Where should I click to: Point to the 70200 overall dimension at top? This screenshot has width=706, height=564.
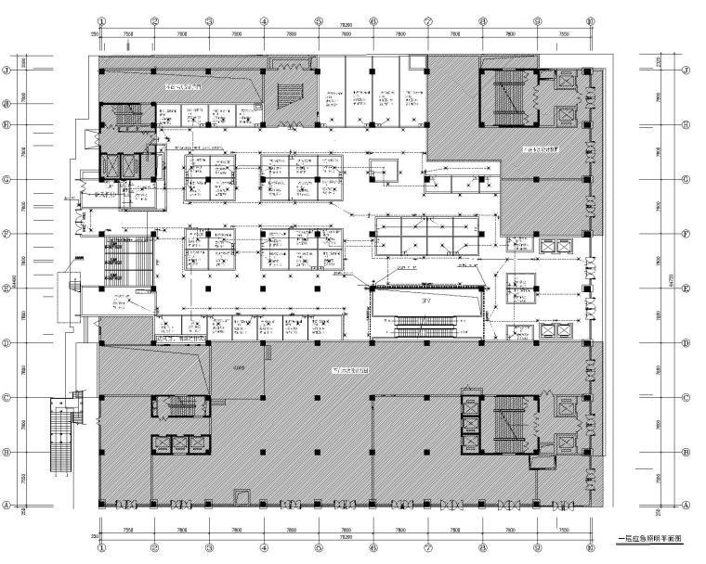(345, 25)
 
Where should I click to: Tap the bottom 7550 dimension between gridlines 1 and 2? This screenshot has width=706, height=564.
(127, 530)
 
